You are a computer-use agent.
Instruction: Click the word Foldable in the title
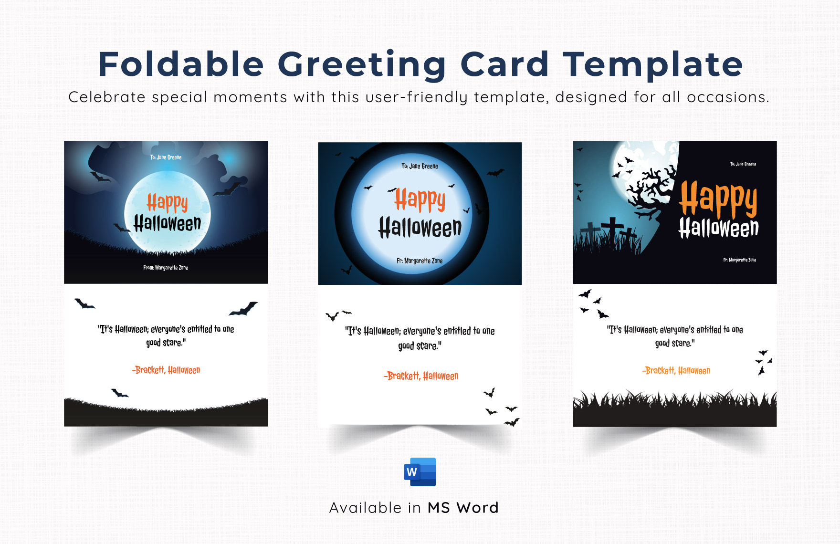click(181, 64)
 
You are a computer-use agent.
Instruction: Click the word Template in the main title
click(652, 65)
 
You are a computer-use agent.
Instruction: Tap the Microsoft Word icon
click(420, 472)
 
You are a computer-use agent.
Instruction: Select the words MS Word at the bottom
click(463, 508)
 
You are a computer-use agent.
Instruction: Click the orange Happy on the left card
click(167, 203)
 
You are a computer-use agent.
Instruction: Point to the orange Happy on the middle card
click(420, 200)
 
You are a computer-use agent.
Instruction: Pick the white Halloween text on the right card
click(718, 228)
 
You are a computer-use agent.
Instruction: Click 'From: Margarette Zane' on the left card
click(166, 268)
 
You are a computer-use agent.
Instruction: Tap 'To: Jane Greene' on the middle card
click(420, 166)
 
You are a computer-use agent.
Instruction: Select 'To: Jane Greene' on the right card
click(743, 164)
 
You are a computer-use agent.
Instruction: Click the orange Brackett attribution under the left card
click(166, 370)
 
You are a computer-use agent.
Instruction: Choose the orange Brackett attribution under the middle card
click(420, 376)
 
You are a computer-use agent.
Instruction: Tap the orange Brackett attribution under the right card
click(676, 371)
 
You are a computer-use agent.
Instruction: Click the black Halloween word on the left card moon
click(167, 223)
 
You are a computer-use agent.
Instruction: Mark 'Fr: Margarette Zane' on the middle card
click(420, 261)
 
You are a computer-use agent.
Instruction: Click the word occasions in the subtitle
click(727, 97)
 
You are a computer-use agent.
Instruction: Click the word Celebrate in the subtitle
click(107, 97)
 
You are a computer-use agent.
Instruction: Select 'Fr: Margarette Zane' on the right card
click(739, 260)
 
